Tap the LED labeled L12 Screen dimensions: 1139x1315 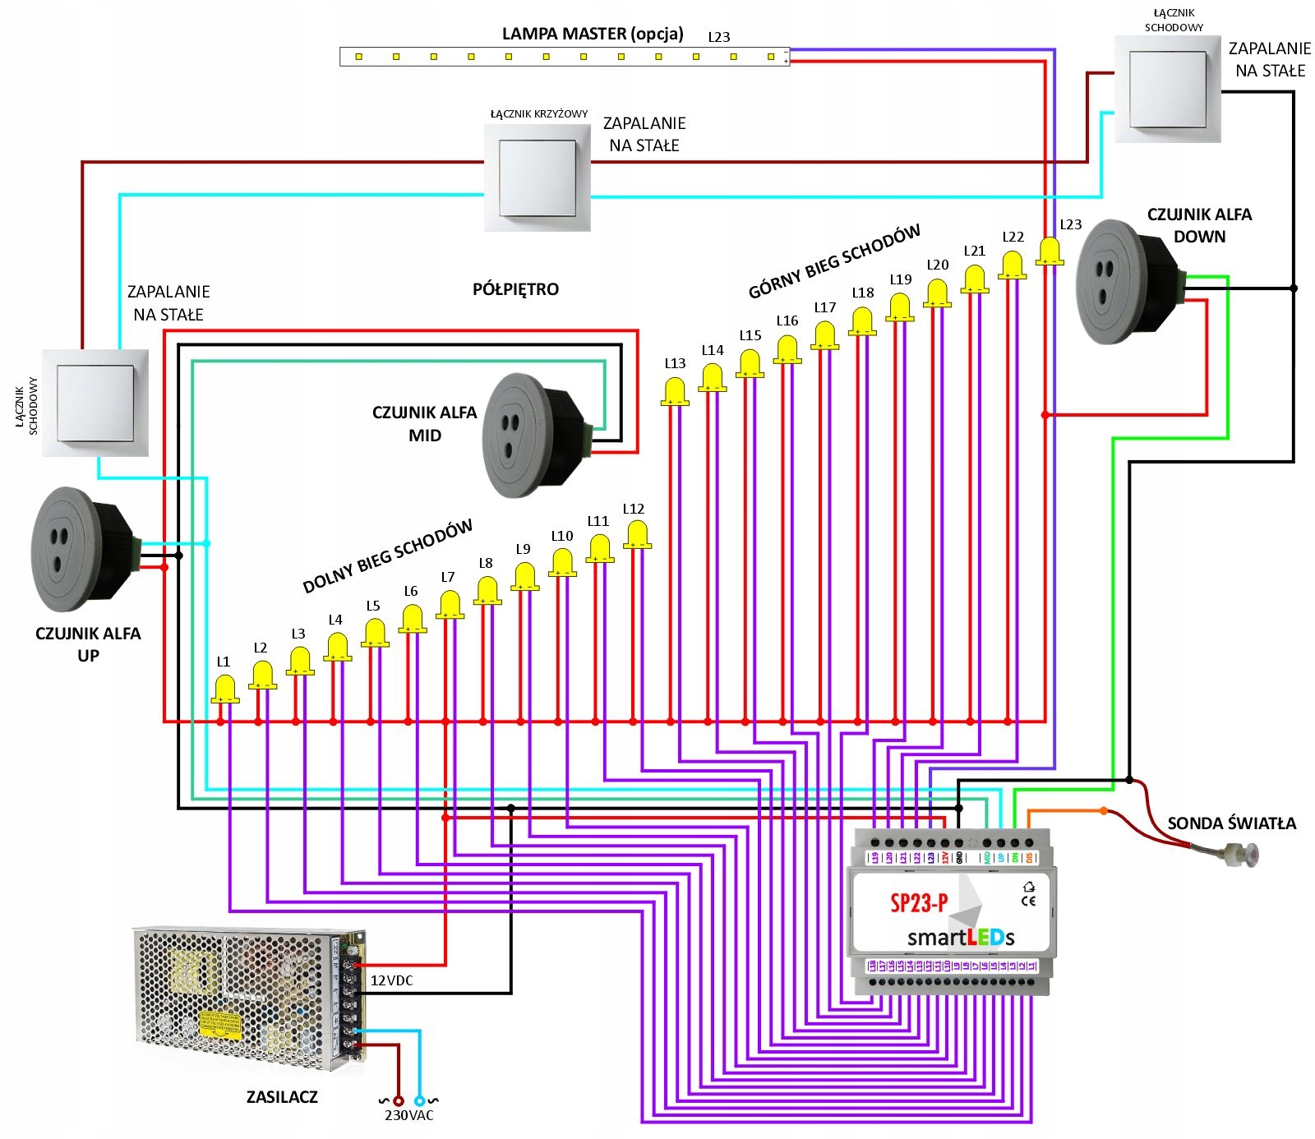[x=637, y=535]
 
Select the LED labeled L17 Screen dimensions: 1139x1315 [x=825, y=335]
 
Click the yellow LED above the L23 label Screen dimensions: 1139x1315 [x=1050, y=251]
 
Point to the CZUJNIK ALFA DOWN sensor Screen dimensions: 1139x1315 [x=1126, y=282]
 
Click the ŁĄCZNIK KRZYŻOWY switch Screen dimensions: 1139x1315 [x=538, y=178]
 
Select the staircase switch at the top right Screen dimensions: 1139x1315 [x=1167, y=89]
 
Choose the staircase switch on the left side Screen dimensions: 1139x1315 [x=95, y=403]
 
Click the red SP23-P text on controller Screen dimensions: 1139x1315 [x=918, y=903]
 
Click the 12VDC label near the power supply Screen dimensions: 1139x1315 [x=391, y=980]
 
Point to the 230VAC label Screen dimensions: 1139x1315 [x=408, y=1115]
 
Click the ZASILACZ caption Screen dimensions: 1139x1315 [x=282, y=1096]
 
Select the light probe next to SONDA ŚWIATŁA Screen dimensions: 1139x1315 [x=1240, y=855]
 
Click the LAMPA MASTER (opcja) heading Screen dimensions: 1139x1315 [x=593, y=34]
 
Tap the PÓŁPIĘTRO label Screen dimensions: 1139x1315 [x=515, y=289]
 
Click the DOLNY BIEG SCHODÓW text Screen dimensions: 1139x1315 [x=387, y=556]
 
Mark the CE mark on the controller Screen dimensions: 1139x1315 [x=1028, y=900]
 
